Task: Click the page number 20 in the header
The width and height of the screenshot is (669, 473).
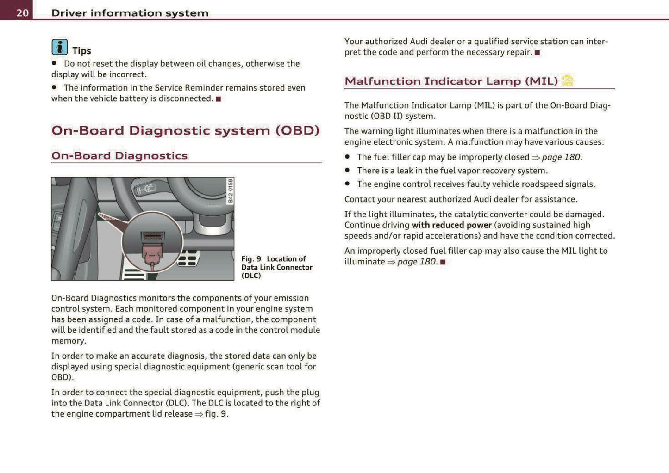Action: (22, 12)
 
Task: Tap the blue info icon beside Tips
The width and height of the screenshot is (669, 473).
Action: (59, 47)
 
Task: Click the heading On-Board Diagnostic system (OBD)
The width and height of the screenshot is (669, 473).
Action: (185, 130)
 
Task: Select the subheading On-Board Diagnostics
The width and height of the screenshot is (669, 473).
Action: (119, 156)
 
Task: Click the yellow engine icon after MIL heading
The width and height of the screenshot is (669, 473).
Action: (567, 80)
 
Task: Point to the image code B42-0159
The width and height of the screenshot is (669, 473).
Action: (230, 191)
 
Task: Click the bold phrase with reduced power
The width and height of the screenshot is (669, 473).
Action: (451, 225)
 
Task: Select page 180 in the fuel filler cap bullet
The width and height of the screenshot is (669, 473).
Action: (561, 157)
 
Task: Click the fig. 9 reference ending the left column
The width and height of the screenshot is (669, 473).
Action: (216, 414)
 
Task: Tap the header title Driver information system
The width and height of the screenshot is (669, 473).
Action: (130, 13)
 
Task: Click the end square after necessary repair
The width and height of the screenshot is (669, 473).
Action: (538, 53)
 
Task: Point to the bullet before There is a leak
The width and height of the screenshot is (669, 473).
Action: (347, 171)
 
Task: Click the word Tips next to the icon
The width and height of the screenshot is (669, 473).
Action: (81, 51)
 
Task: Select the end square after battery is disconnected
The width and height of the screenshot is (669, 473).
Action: (219, 99)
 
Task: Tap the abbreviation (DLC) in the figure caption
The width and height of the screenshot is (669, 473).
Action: (251, 276)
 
